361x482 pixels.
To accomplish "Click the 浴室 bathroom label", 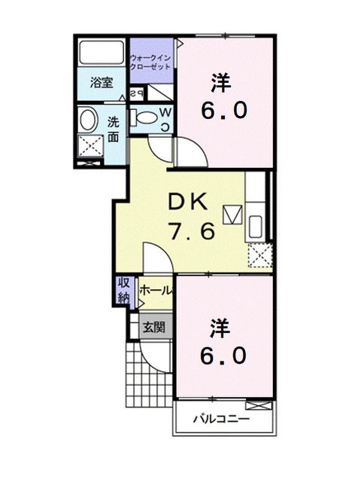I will [101, 84].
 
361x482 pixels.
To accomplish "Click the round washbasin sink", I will [87, 120].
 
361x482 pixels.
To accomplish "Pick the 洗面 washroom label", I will [113, 129].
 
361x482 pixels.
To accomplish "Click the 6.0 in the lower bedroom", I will [223, 355].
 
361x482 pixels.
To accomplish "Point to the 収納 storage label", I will [123, 290].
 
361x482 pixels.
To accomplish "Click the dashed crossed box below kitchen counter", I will [259, 256].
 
